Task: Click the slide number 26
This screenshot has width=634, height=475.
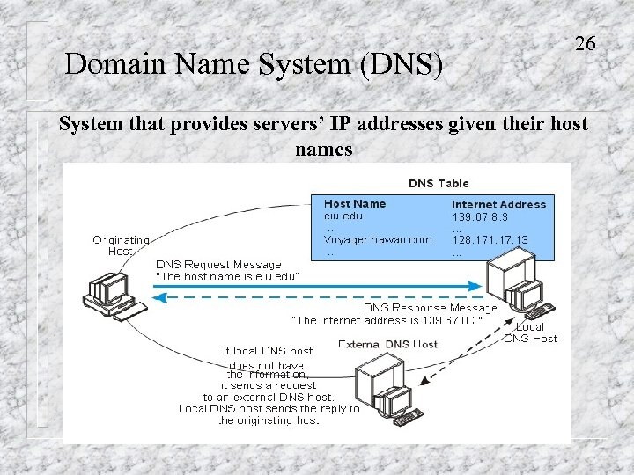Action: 586,43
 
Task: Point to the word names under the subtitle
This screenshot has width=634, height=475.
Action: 324,149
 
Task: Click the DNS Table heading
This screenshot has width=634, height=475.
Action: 439,184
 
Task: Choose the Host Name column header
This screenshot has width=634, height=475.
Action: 355,203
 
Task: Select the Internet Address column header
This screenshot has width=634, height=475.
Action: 498,204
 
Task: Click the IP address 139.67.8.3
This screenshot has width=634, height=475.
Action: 480,216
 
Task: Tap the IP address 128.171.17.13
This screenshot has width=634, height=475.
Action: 490,239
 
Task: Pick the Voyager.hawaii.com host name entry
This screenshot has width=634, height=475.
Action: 378,239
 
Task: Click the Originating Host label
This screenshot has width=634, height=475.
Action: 121,245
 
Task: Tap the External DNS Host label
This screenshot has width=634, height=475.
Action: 387,344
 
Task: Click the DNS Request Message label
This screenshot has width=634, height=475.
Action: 218,264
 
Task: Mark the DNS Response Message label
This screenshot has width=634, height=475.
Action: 431,308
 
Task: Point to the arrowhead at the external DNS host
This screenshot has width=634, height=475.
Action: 425,381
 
